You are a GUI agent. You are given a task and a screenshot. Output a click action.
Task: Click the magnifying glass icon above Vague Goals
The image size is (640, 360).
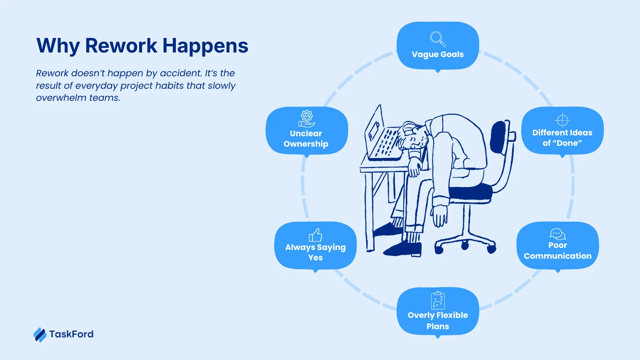click(x=437, y=39)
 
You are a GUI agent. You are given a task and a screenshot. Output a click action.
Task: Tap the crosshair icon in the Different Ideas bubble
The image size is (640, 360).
click(x=562, y=120)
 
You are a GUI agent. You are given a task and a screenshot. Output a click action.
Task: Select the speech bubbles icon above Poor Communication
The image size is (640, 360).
click(x=557, y=234)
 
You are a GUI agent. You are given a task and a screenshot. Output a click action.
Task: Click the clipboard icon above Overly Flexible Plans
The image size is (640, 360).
click(x=437, y=300)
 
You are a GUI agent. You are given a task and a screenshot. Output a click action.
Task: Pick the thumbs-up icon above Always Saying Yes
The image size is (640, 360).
click(x=315, y=235)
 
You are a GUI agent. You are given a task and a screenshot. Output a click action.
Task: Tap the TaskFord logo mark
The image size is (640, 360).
click(x=40, y=335)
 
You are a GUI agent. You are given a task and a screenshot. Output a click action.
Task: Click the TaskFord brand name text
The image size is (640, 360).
click(x=71, y=334)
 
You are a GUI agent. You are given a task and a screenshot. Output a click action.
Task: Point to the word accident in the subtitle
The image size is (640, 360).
click(x=181, y=73)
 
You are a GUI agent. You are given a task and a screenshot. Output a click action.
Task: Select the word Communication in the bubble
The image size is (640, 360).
click(x=557, y=256)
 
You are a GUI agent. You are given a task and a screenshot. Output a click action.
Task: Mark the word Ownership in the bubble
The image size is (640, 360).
click(x=306, y=144)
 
